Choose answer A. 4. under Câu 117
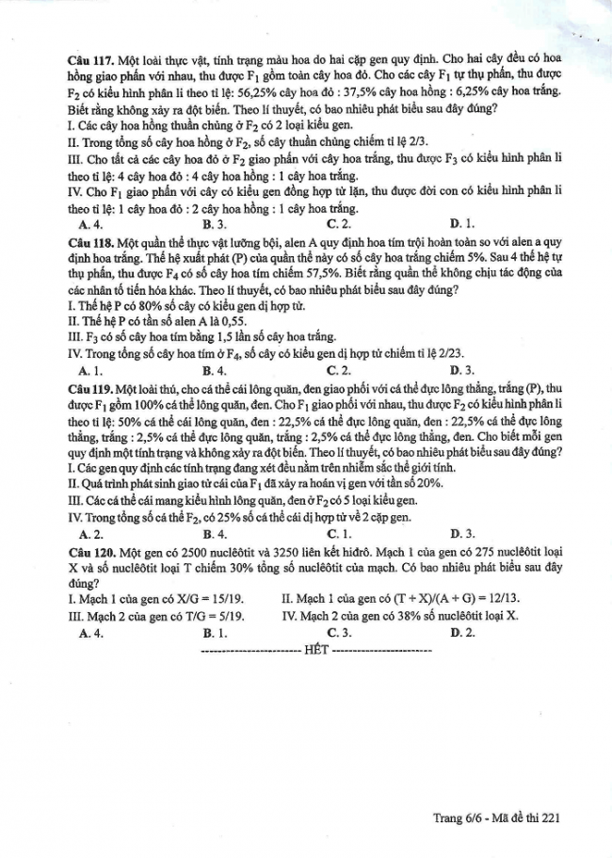[x=92, y=225]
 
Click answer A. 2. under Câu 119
[x=92, y=532]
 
